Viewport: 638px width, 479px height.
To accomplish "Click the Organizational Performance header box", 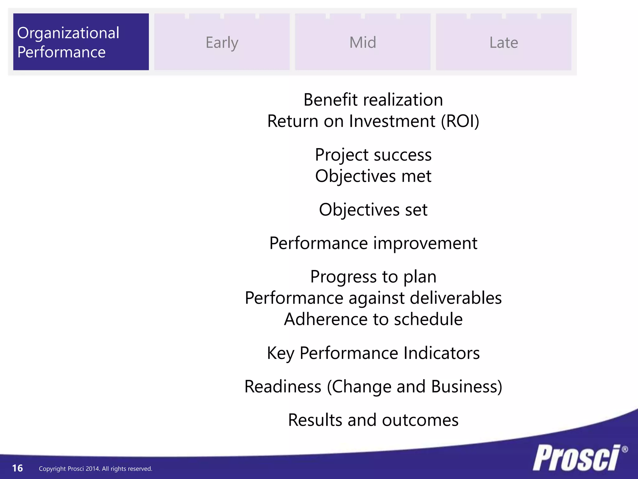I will pyautogui.click(x=81, y=42).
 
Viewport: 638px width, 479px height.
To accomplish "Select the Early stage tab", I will pyautogui.click(x=222, y=42).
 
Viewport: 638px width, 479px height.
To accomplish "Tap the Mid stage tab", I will pyautogui.click(x=363, y=42).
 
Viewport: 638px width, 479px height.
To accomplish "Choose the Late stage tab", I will pyautogui.click(x=503, y=42).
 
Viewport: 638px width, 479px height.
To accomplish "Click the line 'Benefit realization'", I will pyautogui.click(x=373, y=100).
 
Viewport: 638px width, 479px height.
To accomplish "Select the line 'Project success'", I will pyautogui.click(x=373, y=155).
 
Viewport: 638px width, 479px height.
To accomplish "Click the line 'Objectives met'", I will pyautogui.click(x=373, y=176).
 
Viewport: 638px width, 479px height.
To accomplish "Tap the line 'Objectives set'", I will pyautogui.click(x=373, y=210).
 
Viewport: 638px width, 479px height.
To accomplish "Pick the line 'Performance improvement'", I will pyautogui.click(x=373, y=243).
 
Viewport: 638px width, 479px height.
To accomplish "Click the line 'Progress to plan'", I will pyautogui.click(x=373, y=277).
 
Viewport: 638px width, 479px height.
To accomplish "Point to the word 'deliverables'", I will pyautogui.click(x=456, y=298).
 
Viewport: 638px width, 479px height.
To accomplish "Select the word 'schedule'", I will pyautogui.click(x=428, y=319).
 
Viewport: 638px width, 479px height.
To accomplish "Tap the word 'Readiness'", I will pyautogui.click(x=283, y=387).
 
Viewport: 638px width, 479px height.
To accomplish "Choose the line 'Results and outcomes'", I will pyautogui.click(x=373, y=420).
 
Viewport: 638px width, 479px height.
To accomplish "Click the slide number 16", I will pyautogui.click(x=17, y=468).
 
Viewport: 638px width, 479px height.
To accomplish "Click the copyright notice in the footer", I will pyautogui.click(x=95, y=469).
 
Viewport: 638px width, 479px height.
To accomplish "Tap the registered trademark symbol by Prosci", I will pyautogui.click(x=625, y=449).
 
